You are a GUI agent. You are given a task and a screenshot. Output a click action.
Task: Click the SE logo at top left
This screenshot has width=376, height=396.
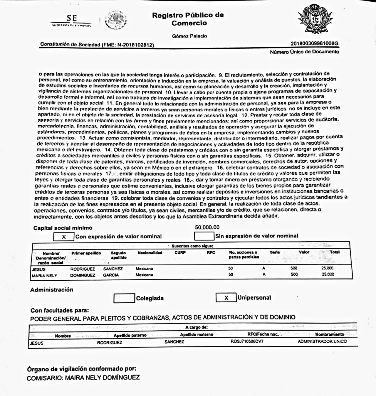[71, 21]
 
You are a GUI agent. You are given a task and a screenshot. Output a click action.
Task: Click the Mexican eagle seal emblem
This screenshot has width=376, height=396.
[116, 20]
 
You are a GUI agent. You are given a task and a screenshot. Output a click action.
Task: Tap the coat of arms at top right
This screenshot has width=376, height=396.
[315, 20]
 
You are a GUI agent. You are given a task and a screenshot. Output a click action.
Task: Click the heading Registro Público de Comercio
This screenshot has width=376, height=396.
[188, 19]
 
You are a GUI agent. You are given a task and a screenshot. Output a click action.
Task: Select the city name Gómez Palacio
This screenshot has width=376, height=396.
[189, 36]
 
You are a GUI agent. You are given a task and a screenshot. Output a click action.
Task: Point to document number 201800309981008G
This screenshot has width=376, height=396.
[314, 43]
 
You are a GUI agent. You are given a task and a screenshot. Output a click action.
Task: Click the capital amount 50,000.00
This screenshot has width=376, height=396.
[207, 227]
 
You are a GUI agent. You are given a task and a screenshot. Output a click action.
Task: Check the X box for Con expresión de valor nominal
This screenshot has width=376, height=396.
[63, 237]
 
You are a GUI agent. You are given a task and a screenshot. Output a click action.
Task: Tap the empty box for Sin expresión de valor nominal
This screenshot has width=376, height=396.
[204, 236]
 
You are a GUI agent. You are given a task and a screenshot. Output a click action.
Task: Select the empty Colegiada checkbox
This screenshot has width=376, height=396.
[124, 298]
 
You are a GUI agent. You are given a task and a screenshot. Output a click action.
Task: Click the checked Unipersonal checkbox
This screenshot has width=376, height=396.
[226, 298]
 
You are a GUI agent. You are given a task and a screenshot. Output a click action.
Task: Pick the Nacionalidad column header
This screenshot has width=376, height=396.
[150, 252]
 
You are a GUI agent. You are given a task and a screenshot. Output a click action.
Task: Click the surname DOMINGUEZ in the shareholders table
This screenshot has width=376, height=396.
[83, 275]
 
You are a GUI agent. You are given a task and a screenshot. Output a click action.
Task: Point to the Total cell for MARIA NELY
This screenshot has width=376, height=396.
[328, 274]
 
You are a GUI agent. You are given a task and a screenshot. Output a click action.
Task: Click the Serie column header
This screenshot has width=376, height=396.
[275, 252]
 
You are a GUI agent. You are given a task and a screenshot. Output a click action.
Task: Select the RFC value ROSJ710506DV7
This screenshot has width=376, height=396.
[247, 341]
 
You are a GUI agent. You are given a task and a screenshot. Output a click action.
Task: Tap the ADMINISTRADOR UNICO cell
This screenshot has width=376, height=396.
[322, 341]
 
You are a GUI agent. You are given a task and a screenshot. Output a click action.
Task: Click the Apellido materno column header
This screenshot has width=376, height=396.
[197, 334]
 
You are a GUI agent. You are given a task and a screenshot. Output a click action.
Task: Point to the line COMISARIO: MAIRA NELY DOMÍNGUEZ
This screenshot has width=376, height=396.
[83, 378]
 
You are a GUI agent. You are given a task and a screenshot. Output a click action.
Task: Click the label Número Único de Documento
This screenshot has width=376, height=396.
[304, 52]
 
